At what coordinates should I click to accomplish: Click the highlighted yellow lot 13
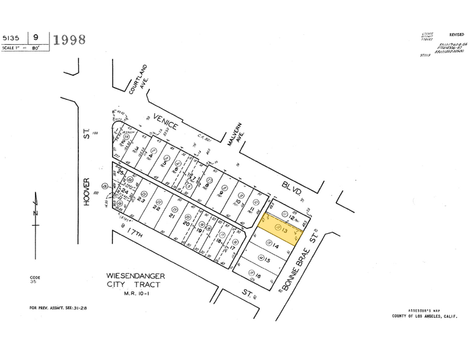pos(280,229)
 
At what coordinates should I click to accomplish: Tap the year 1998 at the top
pos(69,40)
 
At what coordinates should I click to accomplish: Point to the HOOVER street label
pos(87,192)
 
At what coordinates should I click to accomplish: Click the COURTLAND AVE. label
pos(145,77)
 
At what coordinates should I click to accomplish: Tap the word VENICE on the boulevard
pos(165,121)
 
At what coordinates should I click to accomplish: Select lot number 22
pos(156,208)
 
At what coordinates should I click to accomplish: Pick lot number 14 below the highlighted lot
pos(276,246)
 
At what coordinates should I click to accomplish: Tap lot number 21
pos(172,217)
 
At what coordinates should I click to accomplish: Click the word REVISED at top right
pos(456,36)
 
